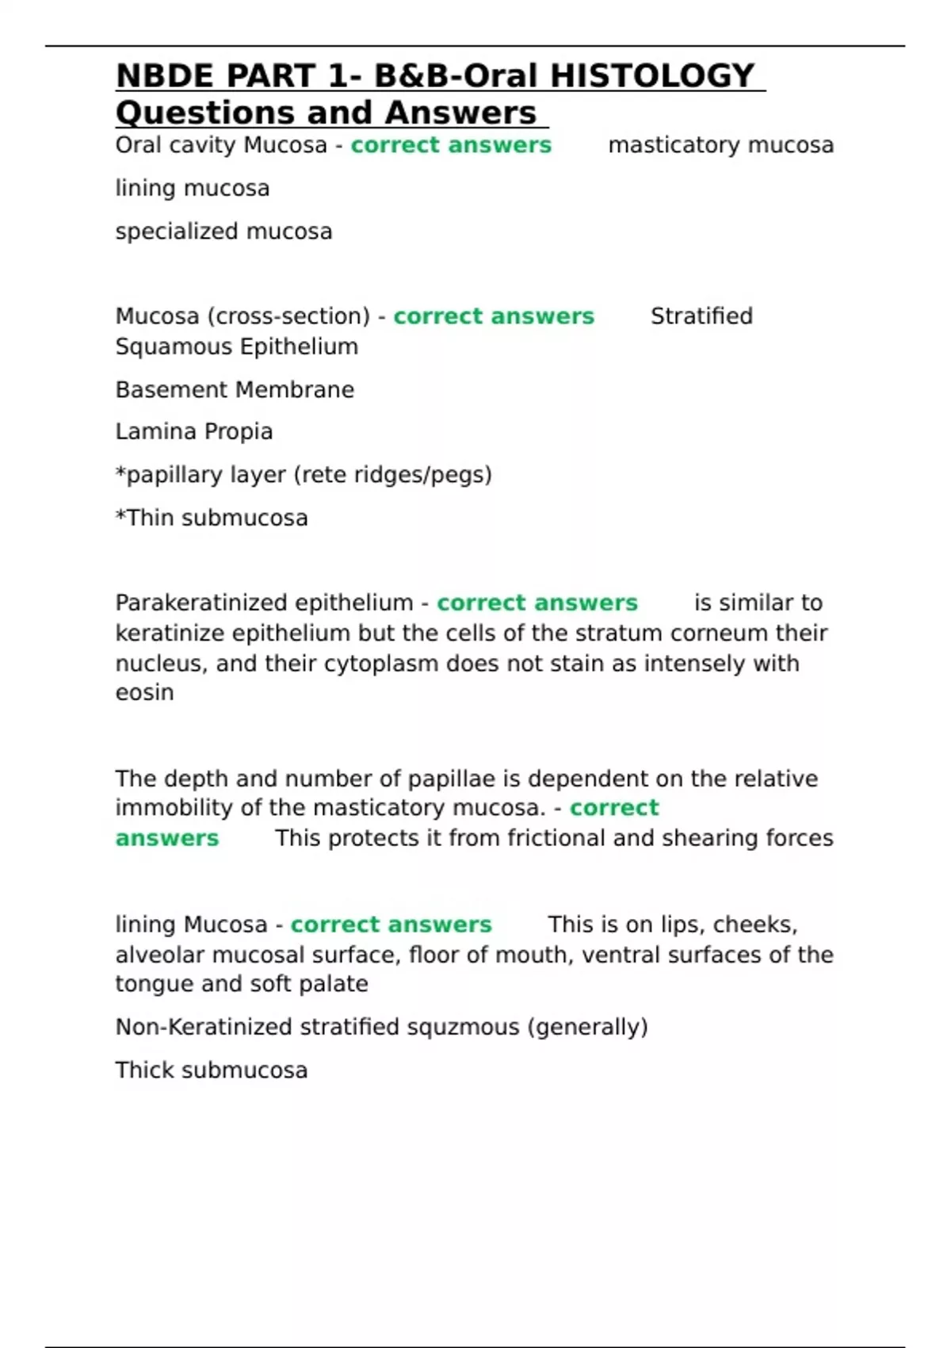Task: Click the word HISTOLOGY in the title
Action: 652,76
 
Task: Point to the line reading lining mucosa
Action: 193,189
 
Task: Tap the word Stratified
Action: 701,316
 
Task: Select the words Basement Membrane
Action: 235,390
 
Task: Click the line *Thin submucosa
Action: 212,518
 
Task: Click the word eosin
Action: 144,693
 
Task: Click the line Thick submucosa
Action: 212,1070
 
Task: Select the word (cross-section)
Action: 288,316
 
